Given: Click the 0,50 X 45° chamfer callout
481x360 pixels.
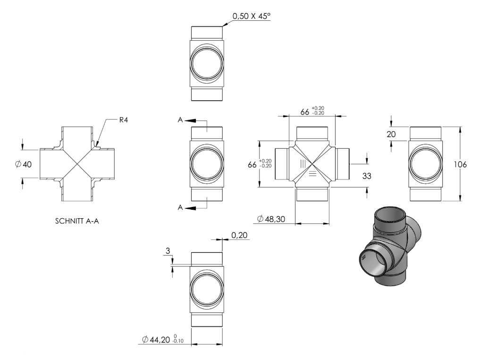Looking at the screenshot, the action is tap(252, 16).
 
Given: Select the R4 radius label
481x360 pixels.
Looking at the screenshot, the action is tap(123, 120).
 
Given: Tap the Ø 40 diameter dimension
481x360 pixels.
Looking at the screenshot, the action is tap(23, 164).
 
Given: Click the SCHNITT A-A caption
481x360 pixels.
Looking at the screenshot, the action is tap(77, 221).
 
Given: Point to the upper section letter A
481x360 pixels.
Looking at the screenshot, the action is tap(180, 120).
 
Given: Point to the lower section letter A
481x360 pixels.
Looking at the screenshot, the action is tap(180, 207).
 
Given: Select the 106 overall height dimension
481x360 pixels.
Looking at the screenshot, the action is tap(460, 164).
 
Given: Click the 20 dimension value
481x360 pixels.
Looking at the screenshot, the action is tap(391, 134).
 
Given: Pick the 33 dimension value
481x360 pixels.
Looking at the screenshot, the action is tap(367, 176).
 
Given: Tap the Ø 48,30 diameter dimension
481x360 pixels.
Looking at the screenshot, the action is tap(271, 219).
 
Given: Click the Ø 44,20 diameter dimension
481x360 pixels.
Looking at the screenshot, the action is tap(162, 339).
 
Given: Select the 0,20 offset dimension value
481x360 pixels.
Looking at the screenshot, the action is tap(239, 235).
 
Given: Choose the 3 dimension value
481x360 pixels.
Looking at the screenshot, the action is tap(168, 251).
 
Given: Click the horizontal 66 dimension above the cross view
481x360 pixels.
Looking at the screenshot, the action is tap(312, 111).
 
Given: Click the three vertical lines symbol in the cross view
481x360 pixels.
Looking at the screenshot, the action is tap(303, 163).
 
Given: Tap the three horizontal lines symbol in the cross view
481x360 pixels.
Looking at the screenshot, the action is tap(312, 173).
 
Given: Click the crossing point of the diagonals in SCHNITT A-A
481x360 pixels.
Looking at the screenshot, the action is tap(77, 164).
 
